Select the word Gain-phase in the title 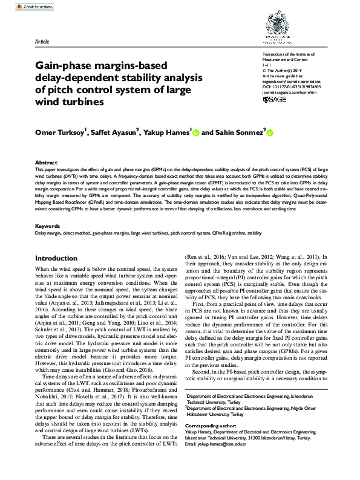tap(62, 63)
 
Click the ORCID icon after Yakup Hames tap(196, 132)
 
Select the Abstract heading tap(46, 163)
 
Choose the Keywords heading tap(48, 225)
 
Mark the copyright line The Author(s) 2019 tap(275, 70)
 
